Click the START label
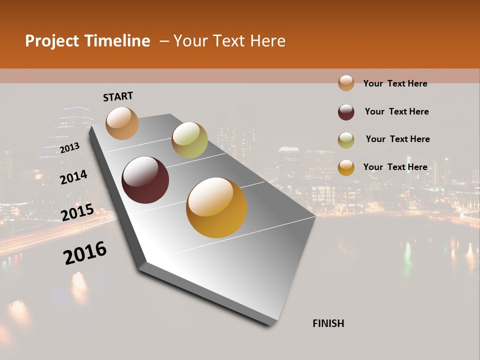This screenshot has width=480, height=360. tap(118, 96)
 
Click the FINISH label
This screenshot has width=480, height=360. tap(328, 323)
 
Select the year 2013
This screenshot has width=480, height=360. tap(69, 147)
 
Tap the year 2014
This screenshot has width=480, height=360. tap(73, 177)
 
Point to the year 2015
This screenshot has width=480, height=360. tap(77, 212)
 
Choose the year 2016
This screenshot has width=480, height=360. tap(85, 253)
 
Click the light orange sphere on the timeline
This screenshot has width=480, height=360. tap(122, 123)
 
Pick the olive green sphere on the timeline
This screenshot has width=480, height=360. tap(189, 140)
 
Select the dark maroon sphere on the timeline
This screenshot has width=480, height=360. tap(145, 180)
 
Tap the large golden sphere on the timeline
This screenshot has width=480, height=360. tap(216, 207)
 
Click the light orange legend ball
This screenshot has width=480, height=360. tap(346, 83)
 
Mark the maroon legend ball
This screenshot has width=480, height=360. tap(346, 112)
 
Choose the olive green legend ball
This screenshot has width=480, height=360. tap(346, 140)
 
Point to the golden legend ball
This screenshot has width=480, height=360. tap(346, 167)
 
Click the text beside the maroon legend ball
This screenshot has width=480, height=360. tap(396, 111)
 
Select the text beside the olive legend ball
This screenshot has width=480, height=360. tap(397, 139)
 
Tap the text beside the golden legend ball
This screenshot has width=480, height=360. tap(395, 167)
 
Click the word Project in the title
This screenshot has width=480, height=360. tap(52, 41)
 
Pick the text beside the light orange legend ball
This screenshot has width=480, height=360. tap(395, 83)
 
